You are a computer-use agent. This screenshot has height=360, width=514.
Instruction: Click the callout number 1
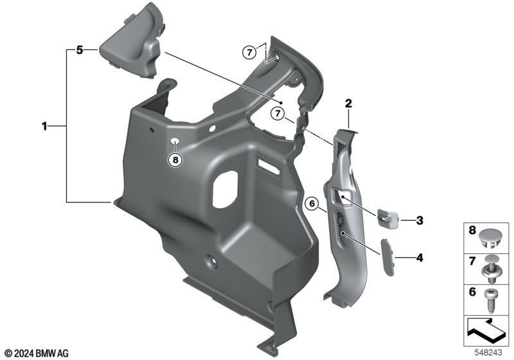pyautogui.click(x=44, y=126)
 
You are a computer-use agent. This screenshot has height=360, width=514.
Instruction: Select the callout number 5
pyautogui.click(x=79, y=50)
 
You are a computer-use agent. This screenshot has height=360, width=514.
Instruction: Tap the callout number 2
pyautogui.click(x=348, y=104)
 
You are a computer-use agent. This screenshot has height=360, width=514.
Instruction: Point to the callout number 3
pyautogui.click(x=420, y=221)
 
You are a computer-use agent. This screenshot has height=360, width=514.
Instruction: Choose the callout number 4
pyautogui.click(x=420, y=258)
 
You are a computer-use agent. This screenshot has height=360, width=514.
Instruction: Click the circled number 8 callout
pyautogui.click(x=175, y=160)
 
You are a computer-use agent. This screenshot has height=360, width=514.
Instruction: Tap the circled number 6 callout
pyautogui.click(x=312, y=204)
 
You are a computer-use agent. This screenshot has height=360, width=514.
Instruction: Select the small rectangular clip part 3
pyautogui.click(x=388, y=217)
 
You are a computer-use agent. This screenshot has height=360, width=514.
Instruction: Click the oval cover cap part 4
pyautogui.click(x=387, y=257)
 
